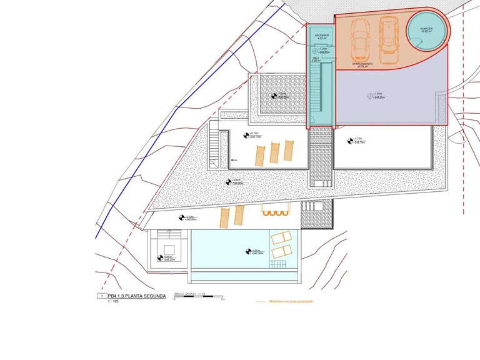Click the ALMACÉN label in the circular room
[427, 29]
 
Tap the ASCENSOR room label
[322, 37]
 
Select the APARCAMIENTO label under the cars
[362, 64]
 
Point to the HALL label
[316, 59]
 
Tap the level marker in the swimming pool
[251, 252]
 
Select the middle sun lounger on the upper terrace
[274, 152]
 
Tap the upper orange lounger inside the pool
[281, 238]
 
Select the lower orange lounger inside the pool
[282, 251]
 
